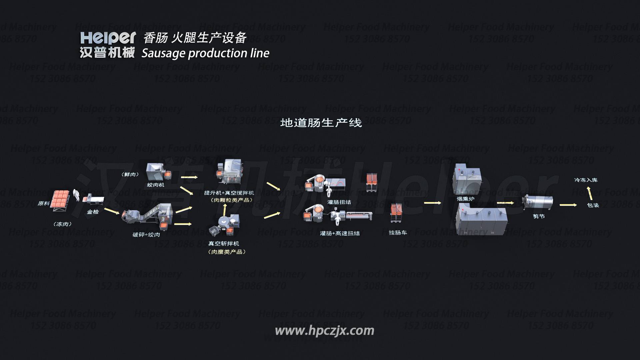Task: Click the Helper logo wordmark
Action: tap(108, 38)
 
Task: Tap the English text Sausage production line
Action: tap(205, 53)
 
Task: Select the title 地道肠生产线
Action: tap(321, 123)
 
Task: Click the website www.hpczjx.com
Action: tap(324, 331)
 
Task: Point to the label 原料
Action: tap(44, 203)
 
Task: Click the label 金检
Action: tap(93, 212)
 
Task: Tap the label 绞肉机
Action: tap(156, 185)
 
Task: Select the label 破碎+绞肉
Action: tap(146, 235)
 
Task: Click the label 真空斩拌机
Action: tap(224, 244)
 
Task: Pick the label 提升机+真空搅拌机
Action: tap(229, 193)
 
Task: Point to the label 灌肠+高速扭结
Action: tap(340, 233)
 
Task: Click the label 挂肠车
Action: tap(398, 233)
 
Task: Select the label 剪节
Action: tap(539, 216)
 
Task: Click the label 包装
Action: tap(593, 205)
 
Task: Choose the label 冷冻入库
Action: tap(586, 180)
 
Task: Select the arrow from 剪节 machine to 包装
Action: tap(568, 205)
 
